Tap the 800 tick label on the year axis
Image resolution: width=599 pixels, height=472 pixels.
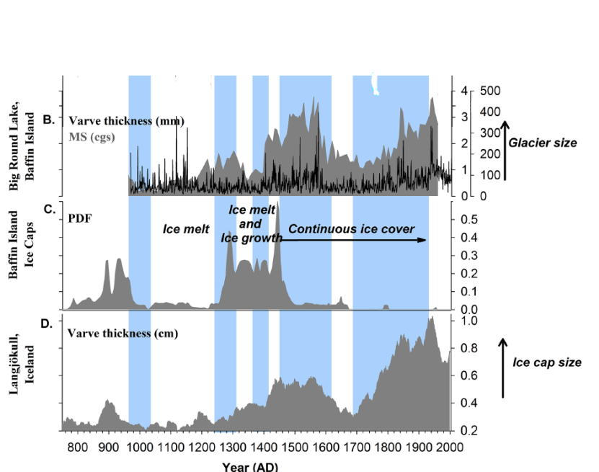pos(77,446)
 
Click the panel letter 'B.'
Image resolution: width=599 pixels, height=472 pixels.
pos(49,120)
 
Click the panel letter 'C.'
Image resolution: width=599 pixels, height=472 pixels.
pos(50,210)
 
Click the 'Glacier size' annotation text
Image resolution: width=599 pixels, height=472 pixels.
pos(542,143)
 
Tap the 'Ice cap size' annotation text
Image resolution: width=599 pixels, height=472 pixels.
pos(546,362)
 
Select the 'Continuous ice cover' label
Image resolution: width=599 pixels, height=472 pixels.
pos(351,229)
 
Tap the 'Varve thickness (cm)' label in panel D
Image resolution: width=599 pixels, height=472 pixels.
pos(123,334)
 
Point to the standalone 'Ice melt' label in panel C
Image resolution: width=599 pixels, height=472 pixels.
pos(186,230)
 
